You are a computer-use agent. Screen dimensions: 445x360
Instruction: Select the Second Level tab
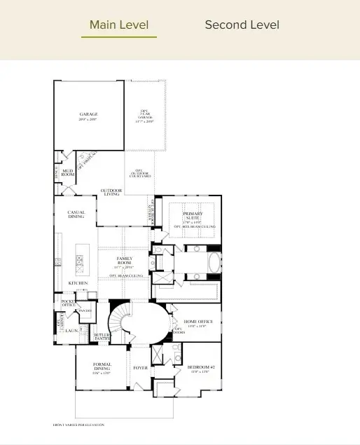(x=242, y=25)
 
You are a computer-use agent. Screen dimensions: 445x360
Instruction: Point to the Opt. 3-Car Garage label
(x=145, y=116)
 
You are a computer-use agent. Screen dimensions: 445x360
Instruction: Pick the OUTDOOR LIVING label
(x=111, y=192)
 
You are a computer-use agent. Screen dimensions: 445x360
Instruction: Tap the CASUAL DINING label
(x=76, y=215)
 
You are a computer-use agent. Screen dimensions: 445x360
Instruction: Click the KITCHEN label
(x=76, y=283)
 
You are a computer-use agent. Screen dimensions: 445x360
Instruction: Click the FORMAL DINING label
(x=102, y=367)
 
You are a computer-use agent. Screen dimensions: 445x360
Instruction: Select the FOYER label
(x=139, y=367)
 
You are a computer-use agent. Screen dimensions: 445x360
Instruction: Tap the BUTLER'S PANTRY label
(x=102, y=336)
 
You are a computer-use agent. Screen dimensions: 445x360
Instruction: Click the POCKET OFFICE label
(x=68, y=303)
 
